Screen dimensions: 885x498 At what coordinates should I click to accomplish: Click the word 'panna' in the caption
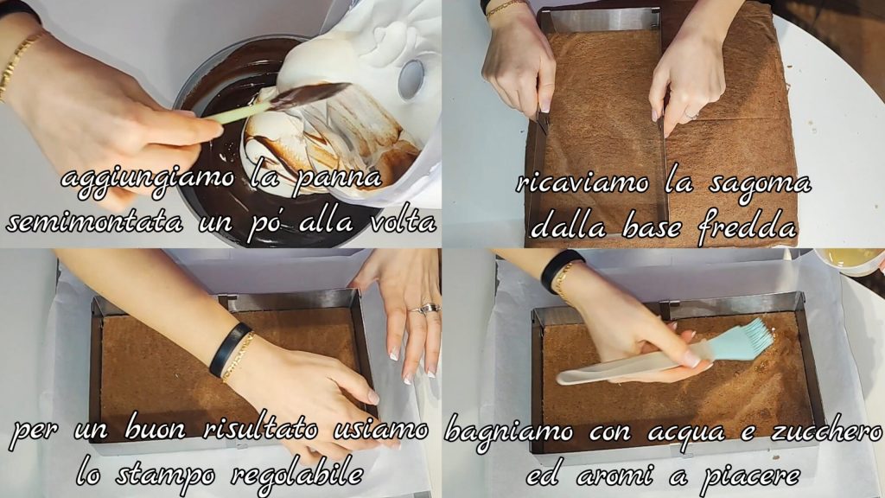[339, 179]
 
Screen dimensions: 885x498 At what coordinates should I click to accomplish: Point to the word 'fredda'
[747, 227]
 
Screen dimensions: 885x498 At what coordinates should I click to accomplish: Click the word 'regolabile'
[297, 473]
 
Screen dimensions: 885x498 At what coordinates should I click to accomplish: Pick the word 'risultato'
[258, 431]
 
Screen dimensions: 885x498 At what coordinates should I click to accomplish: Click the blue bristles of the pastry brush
[744, 340]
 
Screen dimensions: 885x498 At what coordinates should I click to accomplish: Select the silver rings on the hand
[426, 309]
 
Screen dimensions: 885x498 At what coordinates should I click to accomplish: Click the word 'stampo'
[165, 474]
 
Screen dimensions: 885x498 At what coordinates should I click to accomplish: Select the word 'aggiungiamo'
[147, 179]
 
